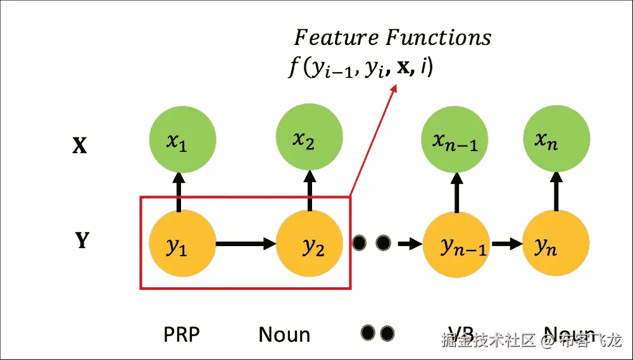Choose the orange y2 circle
point(310,244)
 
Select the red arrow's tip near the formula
point(394,87)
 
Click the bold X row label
point(79,146)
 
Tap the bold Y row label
point(82,241)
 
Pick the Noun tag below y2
point(284,333)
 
